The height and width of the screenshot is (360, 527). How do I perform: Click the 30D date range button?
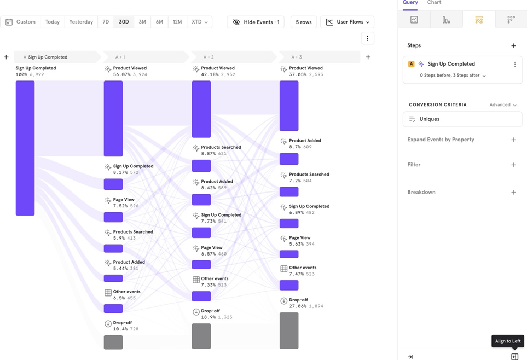click(x=124, y=22)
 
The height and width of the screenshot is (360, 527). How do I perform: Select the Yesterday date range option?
click(x=81, y=22)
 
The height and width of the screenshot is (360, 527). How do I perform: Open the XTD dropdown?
click(x=199, y=22)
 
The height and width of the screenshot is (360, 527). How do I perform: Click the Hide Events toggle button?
click(x=256, y=22)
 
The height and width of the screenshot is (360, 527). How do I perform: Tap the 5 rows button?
click(x=304, y=22)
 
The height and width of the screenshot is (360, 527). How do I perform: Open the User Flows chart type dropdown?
click(x=348, y=22)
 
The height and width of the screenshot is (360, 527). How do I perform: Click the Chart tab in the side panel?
click(x=434, y=3)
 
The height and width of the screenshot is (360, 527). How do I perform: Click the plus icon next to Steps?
click(x=513, y=46)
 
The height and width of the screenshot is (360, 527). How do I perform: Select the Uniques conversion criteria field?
click(x=462, y=119)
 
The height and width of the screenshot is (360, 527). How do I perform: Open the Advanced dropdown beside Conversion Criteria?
click(x=503, y=105)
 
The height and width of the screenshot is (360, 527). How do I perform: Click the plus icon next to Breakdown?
click(x=513, y=193)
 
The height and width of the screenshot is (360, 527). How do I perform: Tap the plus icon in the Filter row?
click(x=513, y=165)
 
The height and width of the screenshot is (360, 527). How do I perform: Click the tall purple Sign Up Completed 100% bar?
click(x=25, y=148)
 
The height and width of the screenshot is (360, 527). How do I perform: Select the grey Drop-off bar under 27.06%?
click(x=289, y=330)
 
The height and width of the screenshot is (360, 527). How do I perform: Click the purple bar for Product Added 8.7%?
click(x=289, y=159)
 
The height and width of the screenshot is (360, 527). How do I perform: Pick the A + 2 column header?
click(x=209, y=57)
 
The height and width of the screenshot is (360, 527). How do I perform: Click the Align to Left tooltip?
click(x=508, y=341)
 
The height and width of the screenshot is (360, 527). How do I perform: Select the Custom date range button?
click(x=21, y=22)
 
